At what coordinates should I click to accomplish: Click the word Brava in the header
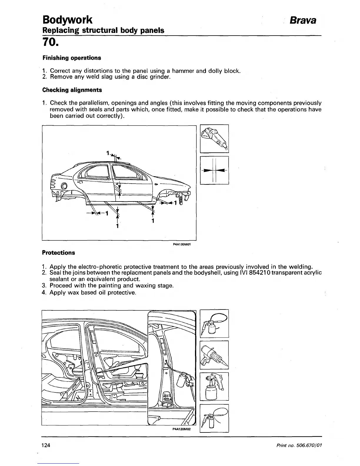pyautogui.click(x=303, y=20)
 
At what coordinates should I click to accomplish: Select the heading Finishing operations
pyautogui.click(x=71, y=58)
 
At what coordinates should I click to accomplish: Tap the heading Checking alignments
pyautogui.click(x=72, y=90)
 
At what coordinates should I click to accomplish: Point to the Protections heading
pyautogui.click(x=59, y=253)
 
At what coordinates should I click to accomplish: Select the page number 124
pyautogui.click(x=46, y=445)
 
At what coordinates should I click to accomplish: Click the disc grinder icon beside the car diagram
pyautogui.click(x=214, y=139)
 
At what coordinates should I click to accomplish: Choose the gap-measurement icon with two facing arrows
pyautogui.click(x=214, y=170)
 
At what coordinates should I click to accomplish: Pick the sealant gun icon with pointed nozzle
pyautogui.click(x=214, y=355)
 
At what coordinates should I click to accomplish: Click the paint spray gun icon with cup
pyautogui.click(x=214, y=386)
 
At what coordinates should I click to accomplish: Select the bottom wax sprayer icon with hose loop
pyautogui.click(x=214, y=418)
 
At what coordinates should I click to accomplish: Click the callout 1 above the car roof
pyautogui.click(x=108, y=153)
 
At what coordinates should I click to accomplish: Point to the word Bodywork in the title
pyautogui.click(x=67, y=20)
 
